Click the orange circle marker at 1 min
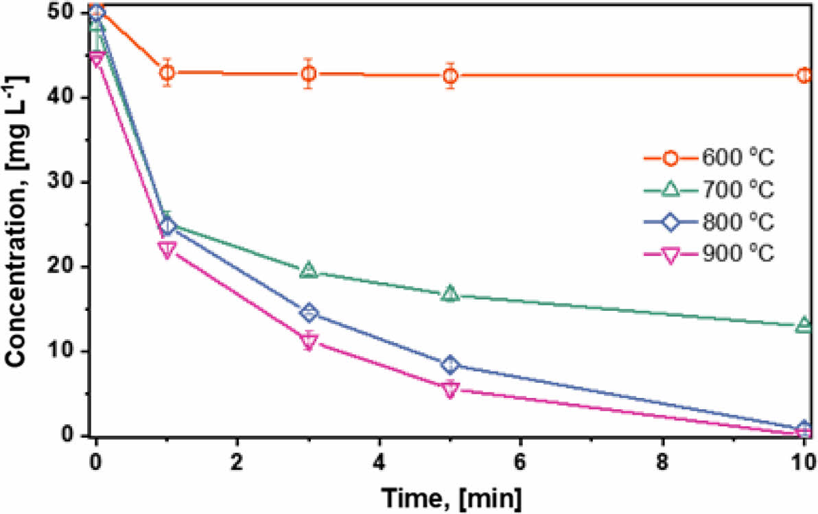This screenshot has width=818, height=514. pos(167,73)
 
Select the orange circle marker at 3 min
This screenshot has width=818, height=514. pos(309,73)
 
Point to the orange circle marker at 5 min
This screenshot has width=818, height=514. pos(450,75)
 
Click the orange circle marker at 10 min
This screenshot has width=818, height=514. pos(804,75)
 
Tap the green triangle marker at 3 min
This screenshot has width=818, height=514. pos(309,271)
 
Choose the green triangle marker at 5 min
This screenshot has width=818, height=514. pos(450,294)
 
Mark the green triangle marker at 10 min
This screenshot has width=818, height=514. pos(804,325)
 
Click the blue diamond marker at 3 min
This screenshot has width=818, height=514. pos(309,314)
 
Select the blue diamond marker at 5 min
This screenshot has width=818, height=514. pos(450,364)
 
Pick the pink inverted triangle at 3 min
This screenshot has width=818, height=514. pos(309,341)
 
